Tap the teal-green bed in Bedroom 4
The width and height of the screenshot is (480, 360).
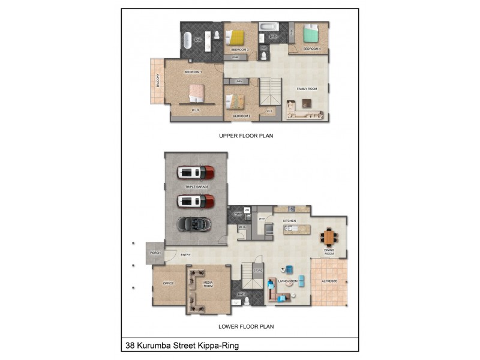[311, 34]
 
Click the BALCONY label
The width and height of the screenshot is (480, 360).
[158, 80]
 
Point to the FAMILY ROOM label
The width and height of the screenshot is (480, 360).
[307, 89]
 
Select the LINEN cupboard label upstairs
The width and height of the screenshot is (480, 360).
[238, 81]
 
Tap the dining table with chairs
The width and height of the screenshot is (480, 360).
[329, 235]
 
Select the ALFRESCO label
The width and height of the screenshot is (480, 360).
[330, 281]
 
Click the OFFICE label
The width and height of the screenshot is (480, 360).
[168, 283]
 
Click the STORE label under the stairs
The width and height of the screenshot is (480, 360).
[259, 272]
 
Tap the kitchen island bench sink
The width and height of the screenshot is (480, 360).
[281, 228]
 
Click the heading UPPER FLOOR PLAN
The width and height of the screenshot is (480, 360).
[246, 136]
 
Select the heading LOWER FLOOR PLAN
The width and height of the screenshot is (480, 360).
[246, 327]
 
